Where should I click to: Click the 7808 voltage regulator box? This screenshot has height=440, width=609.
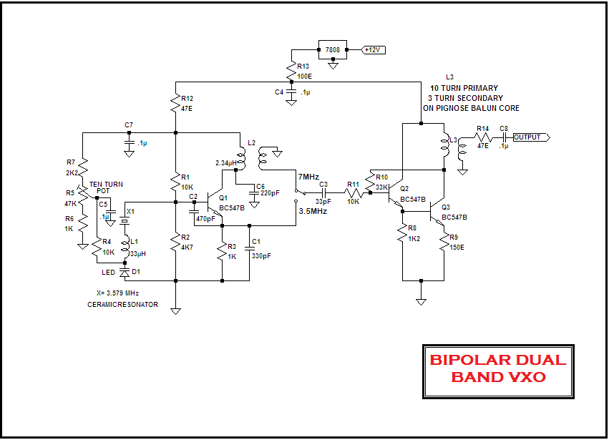pyautogui.click(x=332, y=50)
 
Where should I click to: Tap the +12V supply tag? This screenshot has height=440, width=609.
pyautogui.click(x=374, y=50)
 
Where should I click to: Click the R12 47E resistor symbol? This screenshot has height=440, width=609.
pyautogui.click(x=175, y=104)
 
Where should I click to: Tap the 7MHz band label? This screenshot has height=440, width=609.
pyautogui.click(x=309, y=176)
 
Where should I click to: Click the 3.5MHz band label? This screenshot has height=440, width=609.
pyautogui.click(x=313, y=212)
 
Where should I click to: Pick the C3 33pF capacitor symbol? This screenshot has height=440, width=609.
pyautogui.click(x=323, y=193)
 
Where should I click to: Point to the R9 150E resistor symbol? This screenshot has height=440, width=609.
pyautogui.click(x=444, y=243)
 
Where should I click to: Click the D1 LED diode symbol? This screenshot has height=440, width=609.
pyautogui.click(x=125, y=273)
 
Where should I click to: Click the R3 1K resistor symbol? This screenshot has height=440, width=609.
pyautogui.click(x=223, y=251)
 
